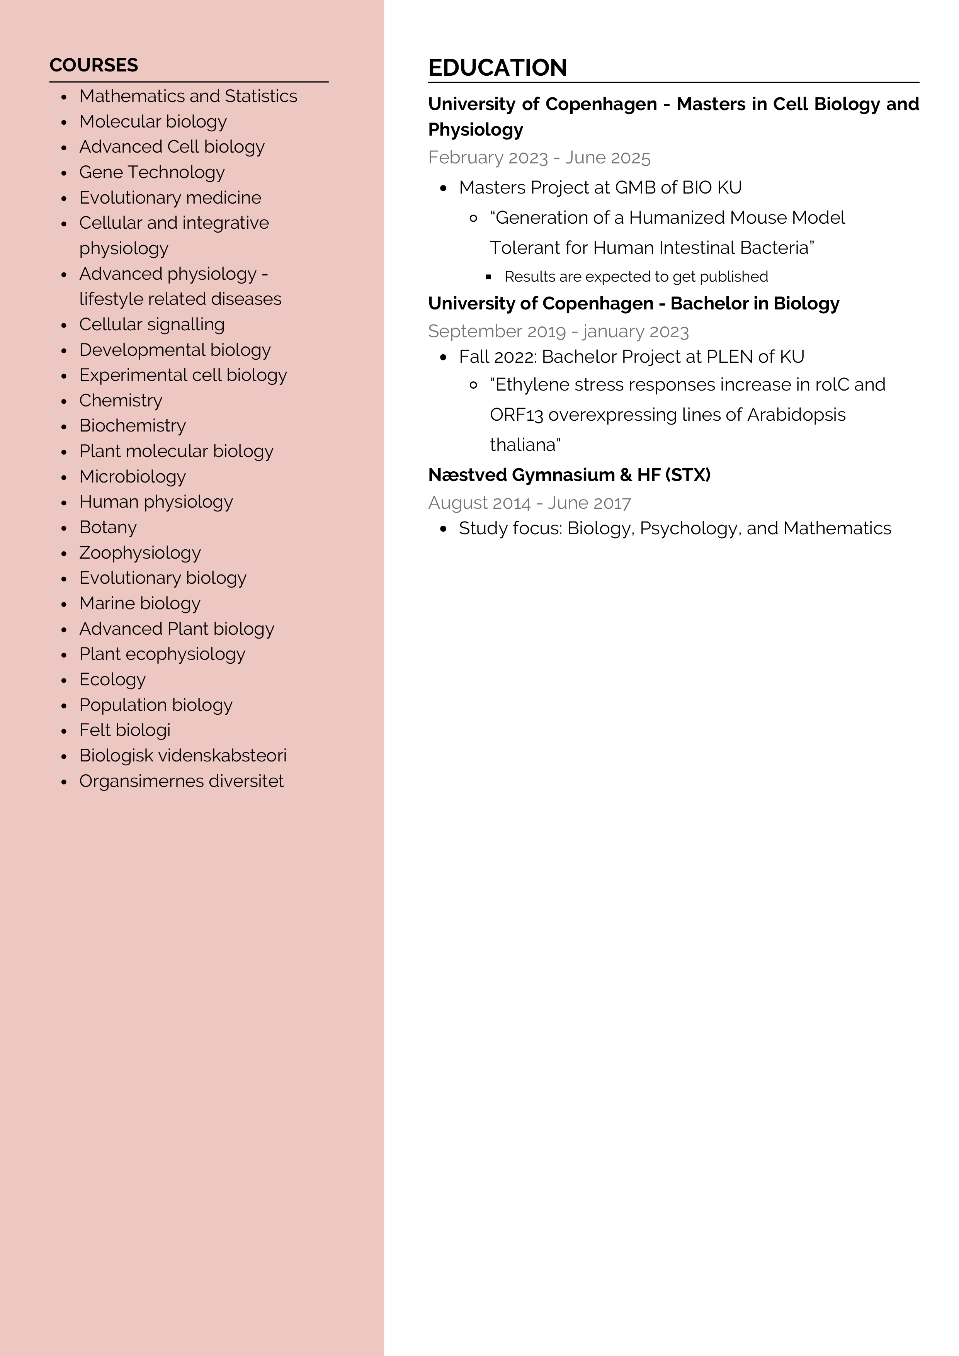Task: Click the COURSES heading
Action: [x=94, y=65]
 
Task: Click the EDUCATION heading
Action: [x=497, y=68]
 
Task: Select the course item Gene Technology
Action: [x=152, y=172]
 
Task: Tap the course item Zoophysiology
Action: [x=140, y=553]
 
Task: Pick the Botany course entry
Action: [x=108, y=527]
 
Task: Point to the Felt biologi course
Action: [x=124, y=731]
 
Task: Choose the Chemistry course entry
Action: [x=121, y=400]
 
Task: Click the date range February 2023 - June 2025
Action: [x=539, y=158]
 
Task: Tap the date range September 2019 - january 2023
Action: [x=558, y=331]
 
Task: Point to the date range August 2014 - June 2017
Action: [x=529, y=503]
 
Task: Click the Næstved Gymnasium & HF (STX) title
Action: [x=569, y=475]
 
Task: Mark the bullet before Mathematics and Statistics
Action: [x=64, y=97]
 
